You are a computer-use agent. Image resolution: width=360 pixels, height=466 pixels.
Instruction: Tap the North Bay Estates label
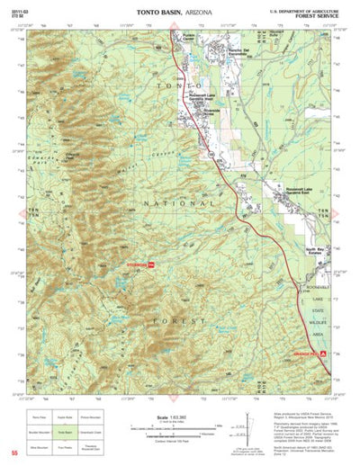pyautogui.click(x=314, y=251)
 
